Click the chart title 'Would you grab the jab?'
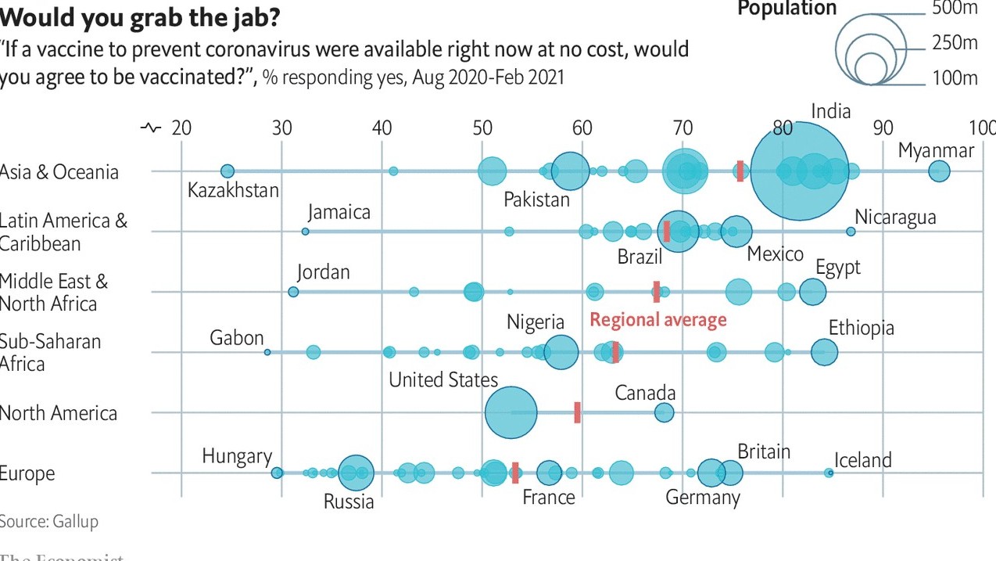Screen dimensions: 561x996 141,16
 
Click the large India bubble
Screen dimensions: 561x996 799,171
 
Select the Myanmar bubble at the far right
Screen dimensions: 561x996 939,171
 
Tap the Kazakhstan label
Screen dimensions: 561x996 233,189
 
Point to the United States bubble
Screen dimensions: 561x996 511,412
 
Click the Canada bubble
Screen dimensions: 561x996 664,412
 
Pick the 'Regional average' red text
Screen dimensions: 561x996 658,319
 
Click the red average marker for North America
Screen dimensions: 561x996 577,412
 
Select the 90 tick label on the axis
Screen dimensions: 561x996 883,128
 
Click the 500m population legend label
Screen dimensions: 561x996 955,9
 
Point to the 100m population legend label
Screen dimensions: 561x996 955,77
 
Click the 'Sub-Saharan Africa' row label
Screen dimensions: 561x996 51,352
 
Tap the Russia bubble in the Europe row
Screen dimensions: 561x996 356,473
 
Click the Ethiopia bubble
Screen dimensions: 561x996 824,352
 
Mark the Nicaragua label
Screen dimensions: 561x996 895,217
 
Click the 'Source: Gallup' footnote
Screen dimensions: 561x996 49,521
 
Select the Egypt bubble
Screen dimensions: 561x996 813,292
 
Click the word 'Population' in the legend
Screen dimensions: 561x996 787,9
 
